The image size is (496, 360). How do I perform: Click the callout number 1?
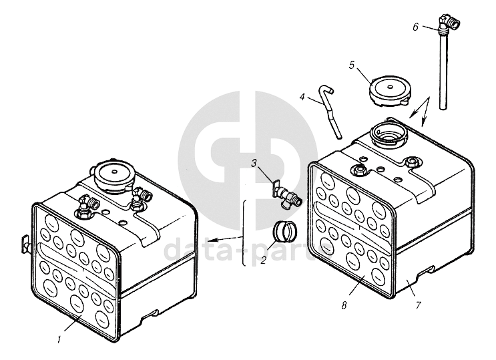59,340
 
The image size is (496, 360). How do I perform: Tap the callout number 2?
263,260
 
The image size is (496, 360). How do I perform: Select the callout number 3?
254,164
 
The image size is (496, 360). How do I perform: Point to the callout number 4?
302,97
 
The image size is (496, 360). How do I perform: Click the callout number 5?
352,65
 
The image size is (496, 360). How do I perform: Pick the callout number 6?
415,27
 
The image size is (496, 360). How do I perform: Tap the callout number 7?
418,305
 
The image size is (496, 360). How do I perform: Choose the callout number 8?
344,305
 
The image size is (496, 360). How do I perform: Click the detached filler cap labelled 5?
390,91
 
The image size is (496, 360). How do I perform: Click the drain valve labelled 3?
286,195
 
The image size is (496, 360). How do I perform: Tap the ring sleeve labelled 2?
284,231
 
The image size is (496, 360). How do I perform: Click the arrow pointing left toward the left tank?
225,238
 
